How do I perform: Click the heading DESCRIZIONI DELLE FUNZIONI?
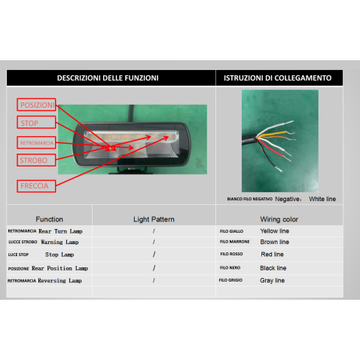[108, 78]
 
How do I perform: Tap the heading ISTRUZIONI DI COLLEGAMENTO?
[278, 78]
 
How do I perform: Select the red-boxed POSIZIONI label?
[37, 105]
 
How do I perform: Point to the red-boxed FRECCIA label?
[37, 184]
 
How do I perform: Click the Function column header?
[49, 219]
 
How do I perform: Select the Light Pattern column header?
[154, 219]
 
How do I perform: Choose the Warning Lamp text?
[63, 243]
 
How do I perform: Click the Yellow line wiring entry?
[274, 230]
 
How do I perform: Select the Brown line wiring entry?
[274, 243]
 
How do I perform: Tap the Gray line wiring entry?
[273, 280]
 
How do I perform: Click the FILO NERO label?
[230, 267]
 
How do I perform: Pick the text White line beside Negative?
[322, 199]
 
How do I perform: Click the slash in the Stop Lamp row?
[154, 255]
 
